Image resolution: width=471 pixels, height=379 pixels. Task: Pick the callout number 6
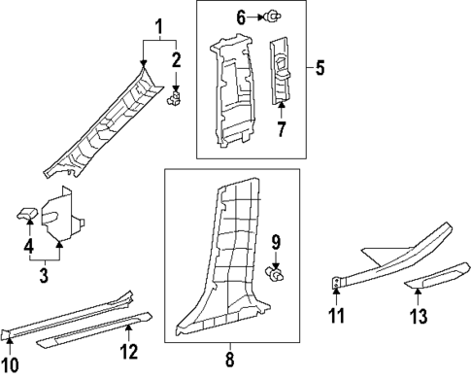click(x=242, y=16)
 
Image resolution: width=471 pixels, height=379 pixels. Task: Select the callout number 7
click(x=282, y=129)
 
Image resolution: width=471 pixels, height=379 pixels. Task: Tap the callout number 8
click(x=230, y=358)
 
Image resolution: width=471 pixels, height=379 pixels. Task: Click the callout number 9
click(x=276, y=242)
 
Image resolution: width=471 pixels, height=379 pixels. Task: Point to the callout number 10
click(x=10, y=364)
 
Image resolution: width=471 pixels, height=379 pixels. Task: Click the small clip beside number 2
click(x=175, y=97)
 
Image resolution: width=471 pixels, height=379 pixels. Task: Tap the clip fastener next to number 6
click(x=275, y=16)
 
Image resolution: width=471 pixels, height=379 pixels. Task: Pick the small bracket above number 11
click(x=336, y=283)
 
